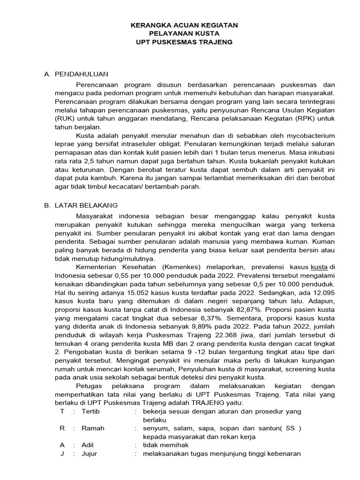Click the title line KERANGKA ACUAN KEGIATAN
point(184,25)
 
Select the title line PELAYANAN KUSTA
point(184,33)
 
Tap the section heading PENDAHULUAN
point(82,74)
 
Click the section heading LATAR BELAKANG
point(86,205)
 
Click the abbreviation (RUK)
point(66,119)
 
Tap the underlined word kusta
point(319,267)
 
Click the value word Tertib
point(90,411)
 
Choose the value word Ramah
point(93,428)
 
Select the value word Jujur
point(90,453)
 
